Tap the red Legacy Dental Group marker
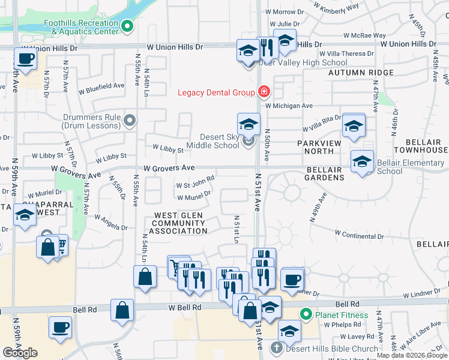(263, 92)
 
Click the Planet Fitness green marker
(306, 314)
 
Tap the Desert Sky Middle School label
(219, 141)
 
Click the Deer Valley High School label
(303, 62)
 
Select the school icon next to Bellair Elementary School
(362, 162)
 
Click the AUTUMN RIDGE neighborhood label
(361, 73)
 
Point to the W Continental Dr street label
(359, 233)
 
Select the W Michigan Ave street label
(289, 106)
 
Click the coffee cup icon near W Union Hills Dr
(25, 59)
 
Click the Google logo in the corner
(20, 352)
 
